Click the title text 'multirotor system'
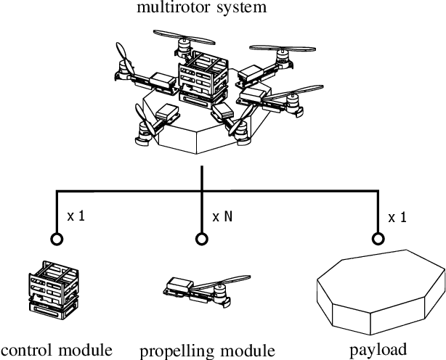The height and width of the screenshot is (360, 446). (x=201, y=8)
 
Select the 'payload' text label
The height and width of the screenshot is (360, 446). (x=377, y=349)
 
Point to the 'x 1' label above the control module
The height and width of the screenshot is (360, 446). (x=76, y=216)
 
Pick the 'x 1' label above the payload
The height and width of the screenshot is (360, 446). (x=397, y=216)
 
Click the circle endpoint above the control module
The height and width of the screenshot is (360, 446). (x=57, y=237)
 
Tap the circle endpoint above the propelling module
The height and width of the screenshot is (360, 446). (x=200, y=237)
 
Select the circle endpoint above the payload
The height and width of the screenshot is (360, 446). (x=377, y=237)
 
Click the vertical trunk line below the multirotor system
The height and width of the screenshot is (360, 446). (x=200, y=180)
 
